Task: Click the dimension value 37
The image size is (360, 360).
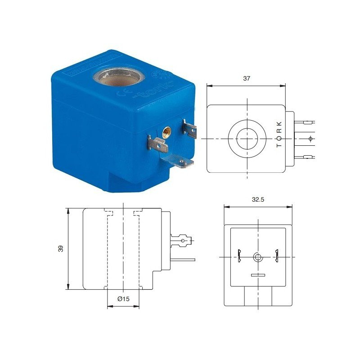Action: click(246, 78)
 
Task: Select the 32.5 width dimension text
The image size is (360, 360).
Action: click(258, 200)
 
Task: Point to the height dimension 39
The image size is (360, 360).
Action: click(61, 248)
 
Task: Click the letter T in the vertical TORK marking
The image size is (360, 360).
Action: click(279, 146)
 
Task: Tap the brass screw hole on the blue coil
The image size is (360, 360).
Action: click(166, 132)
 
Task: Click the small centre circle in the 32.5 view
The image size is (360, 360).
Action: click(258, 257)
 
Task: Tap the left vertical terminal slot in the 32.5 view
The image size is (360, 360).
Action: click(239, 256)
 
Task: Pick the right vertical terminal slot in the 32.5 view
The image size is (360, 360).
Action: click(277, 256)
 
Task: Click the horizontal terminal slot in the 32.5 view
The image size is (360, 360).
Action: click(258, 275)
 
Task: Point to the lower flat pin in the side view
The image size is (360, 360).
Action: click(182, 260)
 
